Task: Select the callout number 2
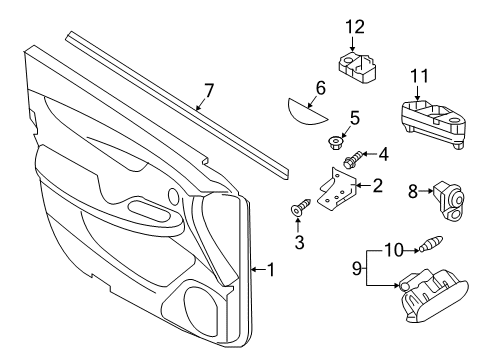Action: [377, 185]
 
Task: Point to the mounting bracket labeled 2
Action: [340, 190]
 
